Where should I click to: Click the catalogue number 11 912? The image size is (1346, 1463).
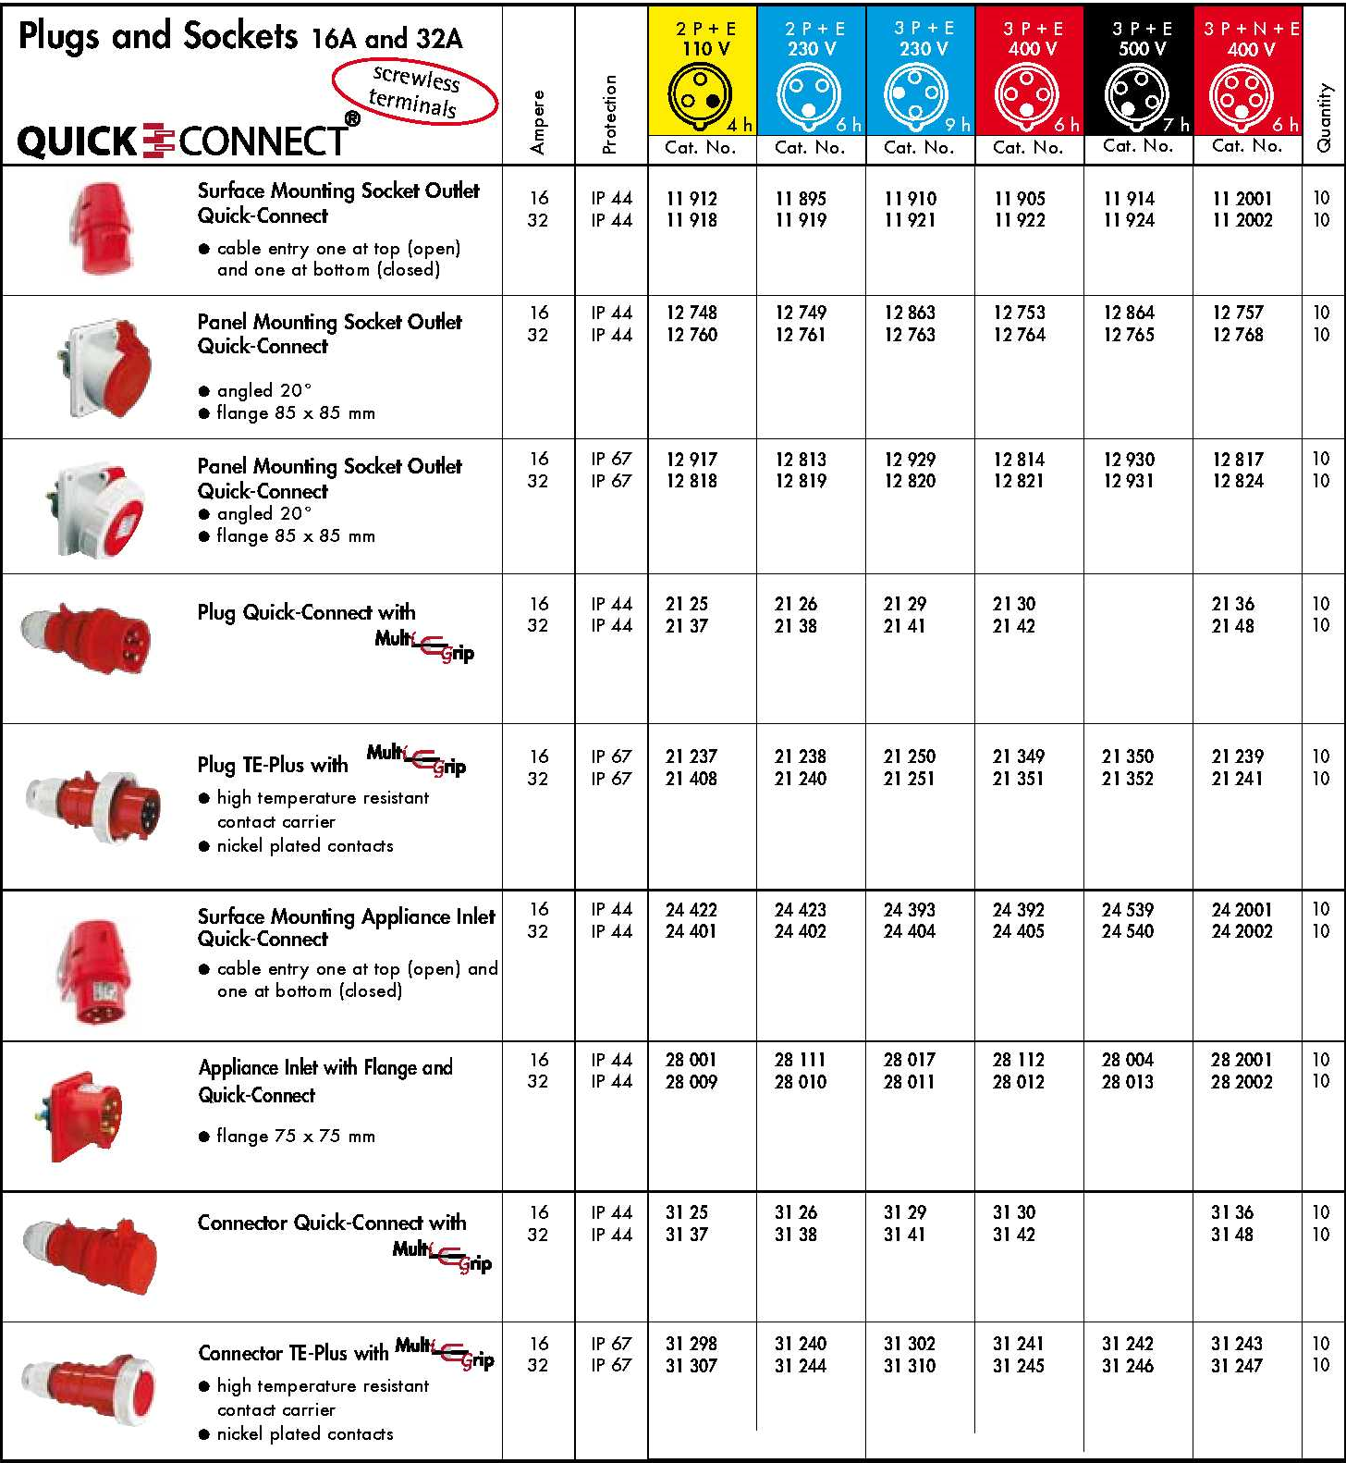coord(691,199)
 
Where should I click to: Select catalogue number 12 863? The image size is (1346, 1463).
coord(910,313)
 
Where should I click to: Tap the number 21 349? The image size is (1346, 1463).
coord(1018,756)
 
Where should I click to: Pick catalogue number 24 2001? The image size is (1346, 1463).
coord(1242,910)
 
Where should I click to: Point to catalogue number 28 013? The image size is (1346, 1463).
coord(1128,1082)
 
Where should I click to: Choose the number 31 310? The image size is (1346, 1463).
coord(910,1366)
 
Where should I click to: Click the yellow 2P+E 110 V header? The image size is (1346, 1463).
coord(703,70)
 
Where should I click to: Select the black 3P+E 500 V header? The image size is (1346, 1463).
coord(1139,70)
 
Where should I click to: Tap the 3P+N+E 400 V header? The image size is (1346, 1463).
coord(1248,70)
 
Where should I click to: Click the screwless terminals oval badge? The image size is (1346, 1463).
coord(415,91)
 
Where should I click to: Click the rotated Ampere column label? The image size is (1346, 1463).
coord(538,121)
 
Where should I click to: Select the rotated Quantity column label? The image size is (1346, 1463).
coord(1324,117)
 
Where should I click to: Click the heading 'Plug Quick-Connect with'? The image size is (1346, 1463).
coord(306,612)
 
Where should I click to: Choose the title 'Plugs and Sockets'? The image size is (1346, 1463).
coord(158,36)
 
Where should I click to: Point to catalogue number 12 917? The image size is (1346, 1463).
coord(691,460)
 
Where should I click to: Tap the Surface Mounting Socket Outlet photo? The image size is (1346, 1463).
coord(103,228)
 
